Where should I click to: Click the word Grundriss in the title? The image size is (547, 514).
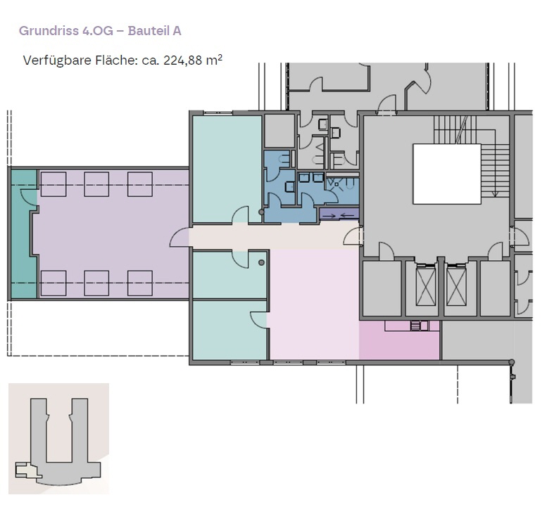pyautogui.click(x=49, y=31)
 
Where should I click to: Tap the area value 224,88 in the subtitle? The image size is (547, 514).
pyautogui.click(x=183, y=60)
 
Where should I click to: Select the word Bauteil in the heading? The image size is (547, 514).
pyautogui.click(x=149, y=31)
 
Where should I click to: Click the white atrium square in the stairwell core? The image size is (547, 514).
pyautogui.click(x=447, y=174)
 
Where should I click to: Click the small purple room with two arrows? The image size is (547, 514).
pyautogui.click(x=339, y=214)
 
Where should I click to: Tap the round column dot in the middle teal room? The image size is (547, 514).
pyautogui.click(x=261, y=262)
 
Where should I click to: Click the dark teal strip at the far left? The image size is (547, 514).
pyautogui.click(x=24, y=234)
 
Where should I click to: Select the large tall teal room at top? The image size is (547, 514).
pyautogui.click(x=227, y=169)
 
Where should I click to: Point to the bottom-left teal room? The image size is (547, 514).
pyautogui.click(x=230, y=330)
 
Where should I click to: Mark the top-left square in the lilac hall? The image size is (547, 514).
pyautogui.click(x=54, y=184)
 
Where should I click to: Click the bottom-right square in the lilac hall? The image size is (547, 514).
pyautogui.click(x=140, y=283)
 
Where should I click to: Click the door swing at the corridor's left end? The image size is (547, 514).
pyautogui.click(x=180, y=237)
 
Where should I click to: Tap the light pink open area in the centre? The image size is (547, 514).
pyautogui.click(x=313, y=304)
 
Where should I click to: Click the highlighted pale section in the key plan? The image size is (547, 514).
pyautogui.click(x=27, y=470)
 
